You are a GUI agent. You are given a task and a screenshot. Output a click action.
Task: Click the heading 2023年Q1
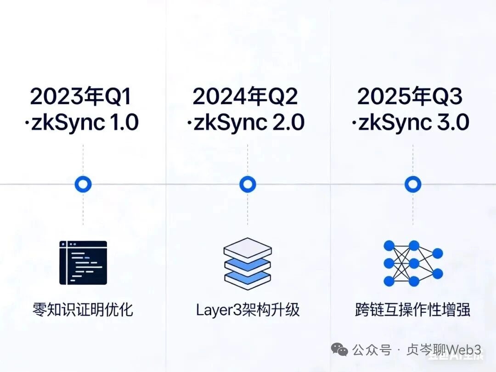coord(81,97)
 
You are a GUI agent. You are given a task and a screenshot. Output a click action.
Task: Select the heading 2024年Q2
coord(245,97)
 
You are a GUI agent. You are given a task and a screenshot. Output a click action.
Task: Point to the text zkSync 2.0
coord(248,123)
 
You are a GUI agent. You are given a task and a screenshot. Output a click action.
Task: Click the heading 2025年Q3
coord(410,97)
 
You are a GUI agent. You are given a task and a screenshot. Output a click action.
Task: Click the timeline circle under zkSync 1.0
coord(83,185)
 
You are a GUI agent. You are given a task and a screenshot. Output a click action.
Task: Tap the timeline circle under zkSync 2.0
coord(248,185)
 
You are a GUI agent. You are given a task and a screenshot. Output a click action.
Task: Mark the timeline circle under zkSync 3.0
coord(413,185)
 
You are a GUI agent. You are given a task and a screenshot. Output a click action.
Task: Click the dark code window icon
coord(83,263)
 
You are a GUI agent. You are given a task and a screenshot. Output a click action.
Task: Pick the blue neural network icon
coord(412,263)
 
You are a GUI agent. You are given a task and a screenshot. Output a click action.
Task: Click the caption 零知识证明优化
coord(83,309)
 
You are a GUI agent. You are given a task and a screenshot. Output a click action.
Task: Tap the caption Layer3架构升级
coord(248,310)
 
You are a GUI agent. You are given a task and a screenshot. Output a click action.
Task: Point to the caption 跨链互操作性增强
coord(412,310)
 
